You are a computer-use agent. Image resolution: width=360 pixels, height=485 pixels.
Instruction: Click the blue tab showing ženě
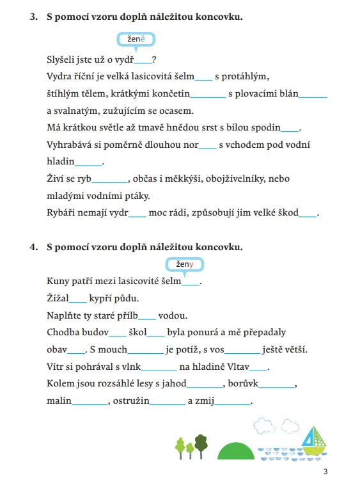pos(136,41)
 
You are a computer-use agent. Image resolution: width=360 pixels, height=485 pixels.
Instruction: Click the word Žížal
pos(58,298)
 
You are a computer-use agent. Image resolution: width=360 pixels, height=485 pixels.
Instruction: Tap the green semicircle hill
pos(237,449)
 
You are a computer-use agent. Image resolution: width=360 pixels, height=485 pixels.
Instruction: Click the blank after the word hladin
pos(89,163)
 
